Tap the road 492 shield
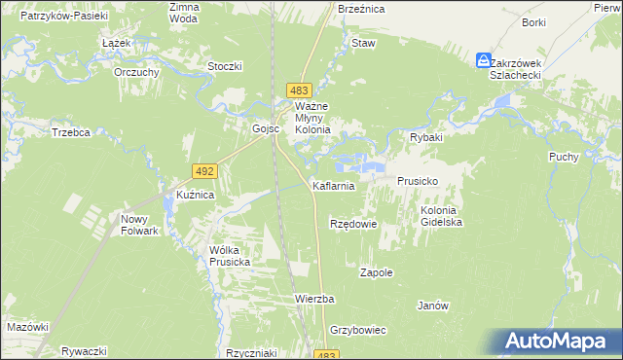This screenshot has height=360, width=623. pyautogui.click(x=203, y=171)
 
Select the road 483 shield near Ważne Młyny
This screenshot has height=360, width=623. pyautogui.click(x=300, y=90)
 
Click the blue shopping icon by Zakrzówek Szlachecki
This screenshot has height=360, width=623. pyautogui.click(x=484, y=60)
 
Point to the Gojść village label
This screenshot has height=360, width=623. pyautogui.click(x=266, y=128)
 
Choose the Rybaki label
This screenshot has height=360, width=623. pyautogui.click(x=426, y=138)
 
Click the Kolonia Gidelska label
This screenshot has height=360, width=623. pyautogui.click(x=441, y=216)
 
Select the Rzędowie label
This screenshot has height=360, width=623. pyautogui.click(x=352, y=224)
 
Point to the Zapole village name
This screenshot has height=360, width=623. pyautogui.click(x=377, y=272)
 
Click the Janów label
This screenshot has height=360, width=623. pyautogui.click(x=432, y=305)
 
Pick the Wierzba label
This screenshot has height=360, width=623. pyautogui.click(x=314, y=298)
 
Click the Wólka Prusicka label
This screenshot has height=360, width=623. pyautogui.click(x=231, y=256)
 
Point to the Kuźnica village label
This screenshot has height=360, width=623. pyautogui.click(x=195, y=195)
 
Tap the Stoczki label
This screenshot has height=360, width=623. pyautogui.click(x=225, y=66)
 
